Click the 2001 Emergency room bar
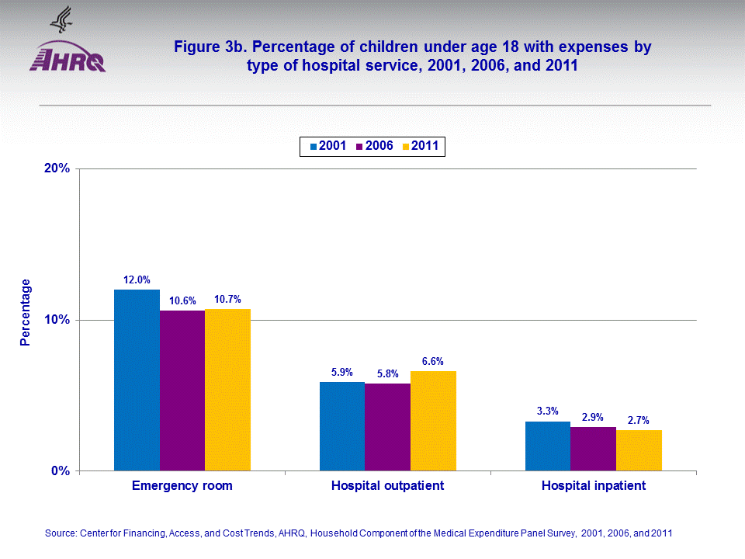click(137, 380)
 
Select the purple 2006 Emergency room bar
click(182, 391)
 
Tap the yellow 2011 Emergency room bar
click(228, 390)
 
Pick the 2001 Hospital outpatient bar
click(342, 426)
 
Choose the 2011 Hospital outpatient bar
click(433, 421)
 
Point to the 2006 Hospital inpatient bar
click(593, 449)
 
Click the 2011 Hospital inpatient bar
click(639, 450)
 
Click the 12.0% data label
click(137, 279)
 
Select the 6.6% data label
click(432, 361)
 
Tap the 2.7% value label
click(639, 420)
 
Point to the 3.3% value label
click(547, 411)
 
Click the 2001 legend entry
click(328, 146)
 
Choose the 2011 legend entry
click(422, 146)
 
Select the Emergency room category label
click(182, 486)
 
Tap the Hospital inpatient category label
click(594, 486)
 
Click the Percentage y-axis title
click(26, 312)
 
